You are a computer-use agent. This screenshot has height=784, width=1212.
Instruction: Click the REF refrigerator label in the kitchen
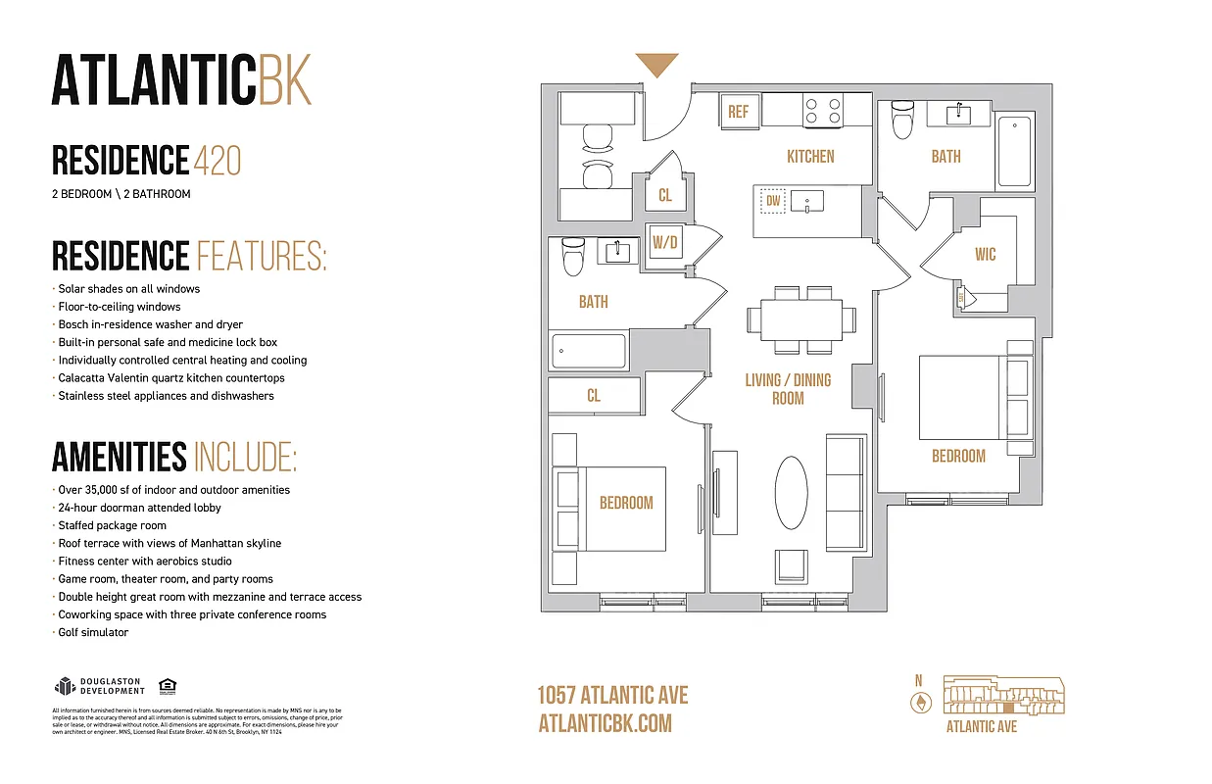[738, 112]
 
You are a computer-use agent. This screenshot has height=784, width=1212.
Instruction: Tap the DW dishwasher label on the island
[773, 202]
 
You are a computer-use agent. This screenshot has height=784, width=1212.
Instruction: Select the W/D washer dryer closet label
[665, 241]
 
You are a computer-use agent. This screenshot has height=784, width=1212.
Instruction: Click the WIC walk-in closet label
[985, 255]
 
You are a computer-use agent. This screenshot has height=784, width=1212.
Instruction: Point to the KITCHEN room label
[810, 157]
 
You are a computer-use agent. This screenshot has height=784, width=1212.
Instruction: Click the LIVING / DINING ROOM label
[788, 389]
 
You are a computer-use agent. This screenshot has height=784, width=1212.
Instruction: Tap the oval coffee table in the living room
[792, 495]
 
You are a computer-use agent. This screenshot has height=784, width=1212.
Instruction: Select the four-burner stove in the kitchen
[822, 110]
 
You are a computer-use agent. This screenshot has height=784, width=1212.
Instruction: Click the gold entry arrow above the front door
[656, 66]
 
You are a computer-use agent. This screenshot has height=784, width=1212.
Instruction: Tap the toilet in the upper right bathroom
[902, 121]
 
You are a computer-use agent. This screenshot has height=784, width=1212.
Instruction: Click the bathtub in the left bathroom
[589, 350]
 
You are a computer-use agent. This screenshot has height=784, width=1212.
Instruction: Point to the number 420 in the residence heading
[218, 160]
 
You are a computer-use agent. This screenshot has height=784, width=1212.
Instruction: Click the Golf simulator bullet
[93, 633]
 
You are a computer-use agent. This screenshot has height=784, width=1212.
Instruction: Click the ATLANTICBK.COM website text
[605, 723]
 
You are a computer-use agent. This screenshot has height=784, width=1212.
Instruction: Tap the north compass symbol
[920, 702]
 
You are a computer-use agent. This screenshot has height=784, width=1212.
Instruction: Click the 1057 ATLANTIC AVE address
[612, 696]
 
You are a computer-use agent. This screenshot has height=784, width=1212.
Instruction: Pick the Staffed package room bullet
[112, 526]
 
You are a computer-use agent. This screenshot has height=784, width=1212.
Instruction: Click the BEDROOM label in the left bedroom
[625, 503]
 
